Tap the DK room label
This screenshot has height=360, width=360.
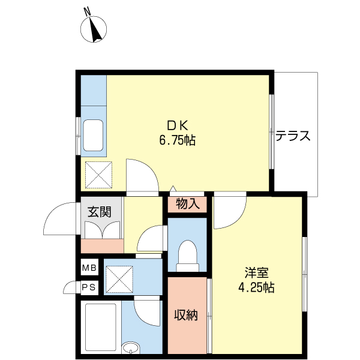click(x=178, y=125)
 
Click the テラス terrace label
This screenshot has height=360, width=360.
click(x=293, y=136)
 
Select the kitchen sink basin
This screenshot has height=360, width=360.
click(x=93, y=136)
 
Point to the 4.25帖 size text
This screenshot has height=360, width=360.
click(x=256, y=287)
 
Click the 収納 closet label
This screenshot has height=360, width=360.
click(x=186, y=315)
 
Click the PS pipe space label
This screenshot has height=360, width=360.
click(x=89, y=287)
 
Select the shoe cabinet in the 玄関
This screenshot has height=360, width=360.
click(x=102, y=245)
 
